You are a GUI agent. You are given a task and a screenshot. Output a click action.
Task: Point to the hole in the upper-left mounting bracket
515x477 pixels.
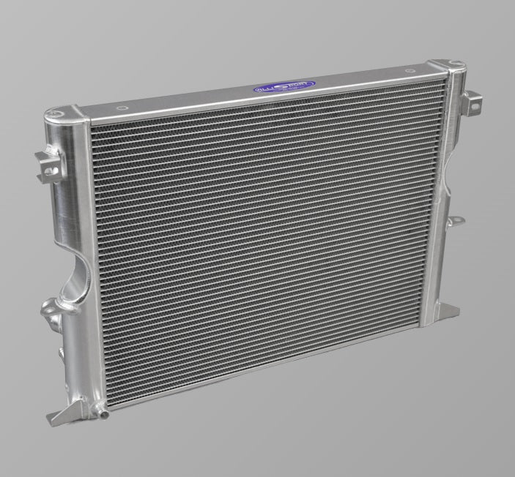[x=48, y=169]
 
